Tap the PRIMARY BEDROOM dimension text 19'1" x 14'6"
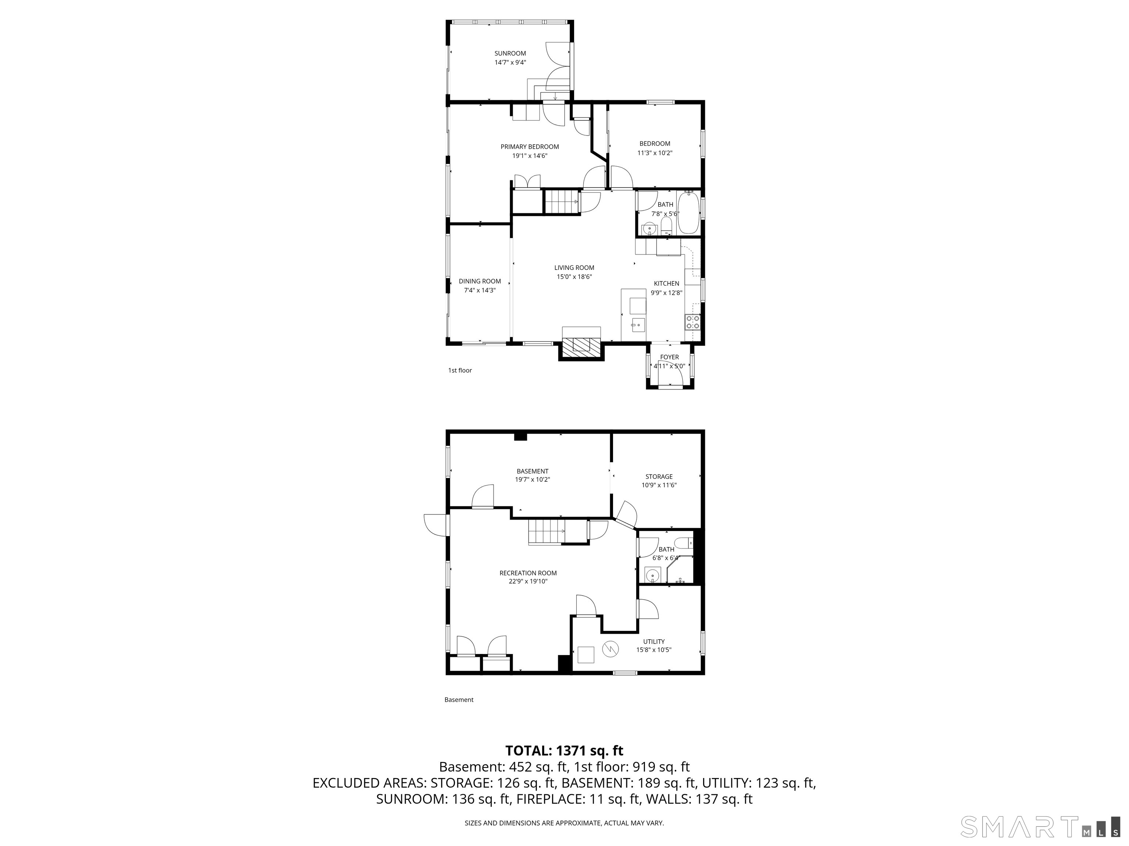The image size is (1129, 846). coord(530,156)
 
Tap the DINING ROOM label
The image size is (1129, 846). coord(479,281)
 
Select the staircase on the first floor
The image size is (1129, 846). coord(562,202)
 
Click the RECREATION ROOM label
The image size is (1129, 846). coord(528,573)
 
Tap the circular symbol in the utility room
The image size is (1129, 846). coord(610,649)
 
